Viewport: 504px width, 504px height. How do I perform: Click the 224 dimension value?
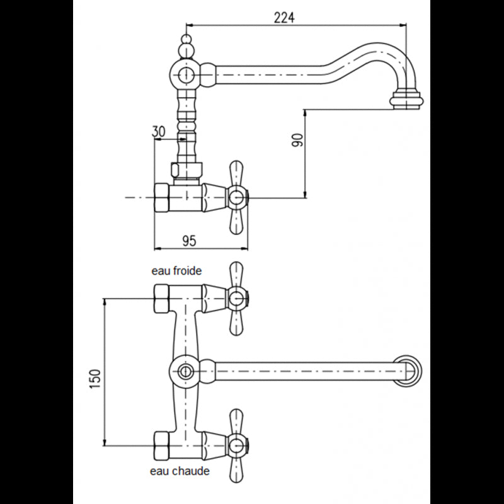pyautogui.click(x=284, y=18)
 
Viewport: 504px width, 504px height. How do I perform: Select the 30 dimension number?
pyautogui.click(x=159, y=132)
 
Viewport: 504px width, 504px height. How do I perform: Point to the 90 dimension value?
pyautogui.click(x=297, y=140)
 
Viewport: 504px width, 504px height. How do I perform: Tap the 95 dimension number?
pyautogui.click(x=189, y=241)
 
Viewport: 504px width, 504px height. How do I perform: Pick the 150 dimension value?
pyautogui.click(x=95, y=379)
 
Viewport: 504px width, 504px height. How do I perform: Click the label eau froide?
pyautogui.click(x=176, y=271)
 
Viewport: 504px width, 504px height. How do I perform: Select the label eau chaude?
pyautogui.click(x=180, y=471)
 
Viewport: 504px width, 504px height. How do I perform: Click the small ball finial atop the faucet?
pyautogui.click(x=186, y=40)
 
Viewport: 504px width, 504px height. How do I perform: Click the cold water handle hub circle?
pyautogui.click(x=238, y=299)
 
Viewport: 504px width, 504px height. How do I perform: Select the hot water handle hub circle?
pyautogui.click(x=238, y=446)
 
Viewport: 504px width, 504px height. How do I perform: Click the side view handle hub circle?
pyautogui.click(x=238, y=197)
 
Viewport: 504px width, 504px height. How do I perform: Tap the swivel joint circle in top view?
pyautogui.click(x=185, y=372)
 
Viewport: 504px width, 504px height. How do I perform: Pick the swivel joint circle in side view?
pyautogui.click(x=185, y=74)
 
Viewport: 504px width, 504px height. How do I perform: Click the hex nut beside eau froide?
pyautogui.click(x=162, y=299)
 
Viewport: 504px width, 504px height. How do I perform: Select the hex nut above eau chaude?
pyautogui.click(x=162, y=446)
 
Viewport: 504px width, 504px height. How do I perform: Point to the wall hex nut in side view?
pyautogui.click(x=162, y=197)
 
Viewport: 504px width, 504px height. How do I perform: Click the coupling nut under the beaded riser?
pyautogui.click(x=186, y=170)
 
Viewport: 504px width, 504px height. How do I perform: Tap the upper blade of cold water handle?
pyautogui.click(x=236, y=275)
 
